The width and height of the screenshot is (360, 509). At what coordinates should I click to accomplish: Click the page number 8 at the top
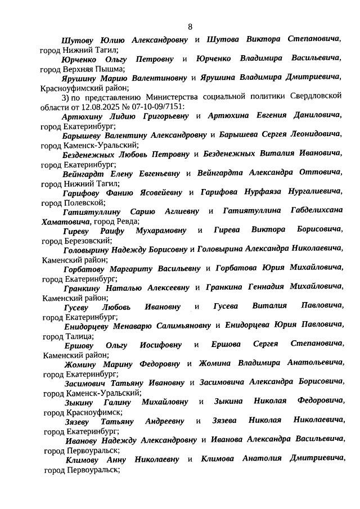tap(190, 26)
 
